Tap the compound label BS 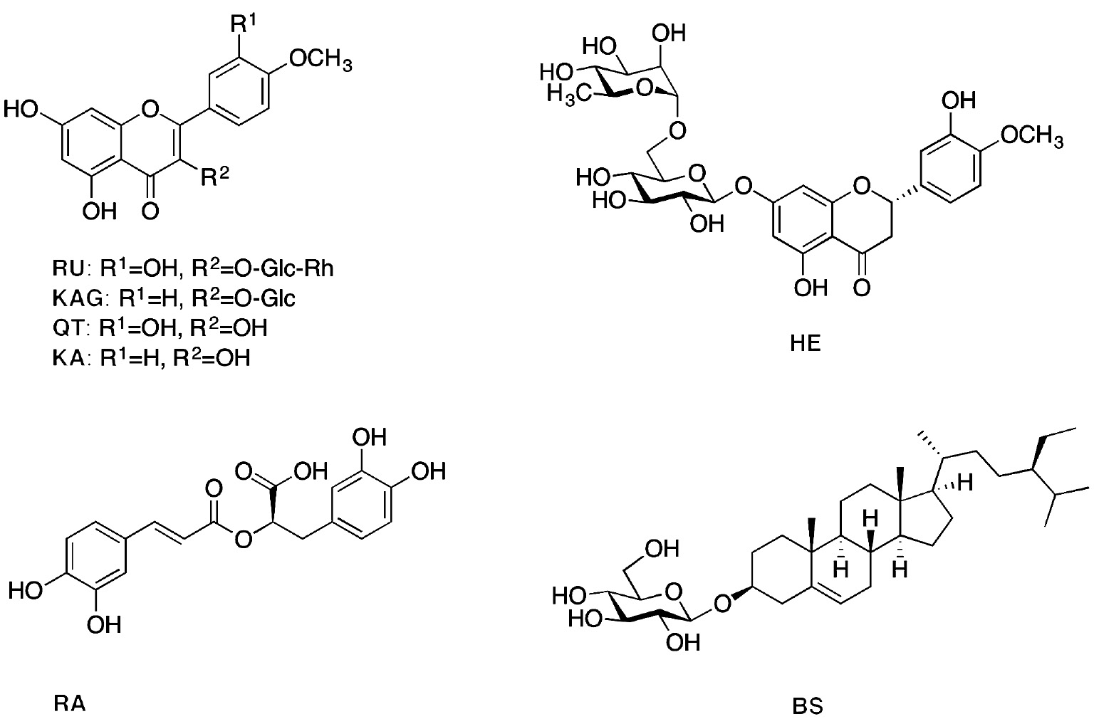[x=808, y=708]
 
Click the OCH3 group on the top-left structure [x=318, y=63]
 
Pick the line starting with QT [x=161, y=328]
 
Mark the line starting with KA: [x=152, y=357]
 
